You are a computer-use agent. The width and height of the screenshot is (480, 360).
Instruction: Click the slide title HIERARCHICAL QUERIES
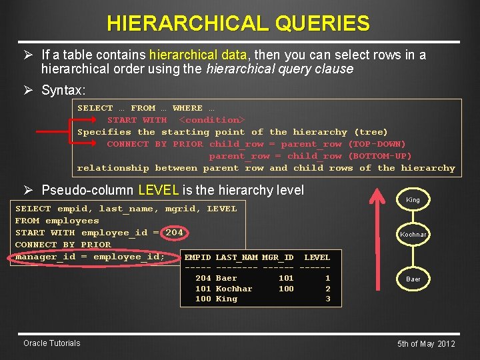point(238,24)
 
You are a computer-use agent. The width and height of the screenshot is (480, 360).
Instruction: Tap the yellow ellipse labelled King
point(413,199)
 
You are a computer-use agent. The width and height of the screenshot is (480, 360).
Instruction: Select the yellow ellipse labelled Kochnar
point(413,235)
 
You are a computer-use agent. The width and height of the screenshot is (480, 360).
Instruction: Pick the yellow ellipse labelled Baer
point(413,279)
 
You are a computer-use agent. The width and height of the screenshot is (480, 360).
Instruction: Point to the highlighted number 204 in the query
point(174,233)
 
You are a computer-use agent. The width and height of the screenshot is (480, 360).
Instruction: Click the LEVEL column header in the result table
point(317,257)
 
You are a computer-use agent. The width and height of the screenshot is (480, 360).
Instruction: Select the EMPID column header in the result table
point(197,257)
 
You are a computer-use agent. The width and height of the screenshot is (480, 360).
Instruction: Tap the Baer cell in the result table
point(227,278)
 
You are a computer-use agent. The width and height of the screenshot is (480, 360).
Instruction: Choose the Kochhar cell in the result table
point(234,289)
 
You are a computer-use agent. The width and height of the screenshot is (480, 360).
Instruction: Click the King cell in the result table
point(227,299)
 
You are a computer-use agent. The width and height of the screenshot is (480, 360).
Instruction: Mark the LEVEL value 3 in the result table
point(327,299)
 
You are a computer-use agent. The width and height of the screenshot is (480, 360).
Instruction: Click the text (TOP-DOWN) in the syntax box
point(377,144)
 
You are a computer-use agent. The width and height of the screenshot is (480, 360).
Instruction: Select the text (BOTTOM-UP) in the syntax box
point(380,156)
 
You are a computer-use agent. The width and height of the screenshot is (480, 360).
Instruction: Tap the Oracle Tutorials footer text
point(51,343)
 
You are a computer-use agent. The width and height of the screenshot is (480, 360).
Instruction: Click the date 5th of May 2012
point(426,344)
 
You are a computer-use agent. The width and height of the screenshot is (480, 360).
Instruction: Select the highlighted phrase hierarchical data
point(198,55)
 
